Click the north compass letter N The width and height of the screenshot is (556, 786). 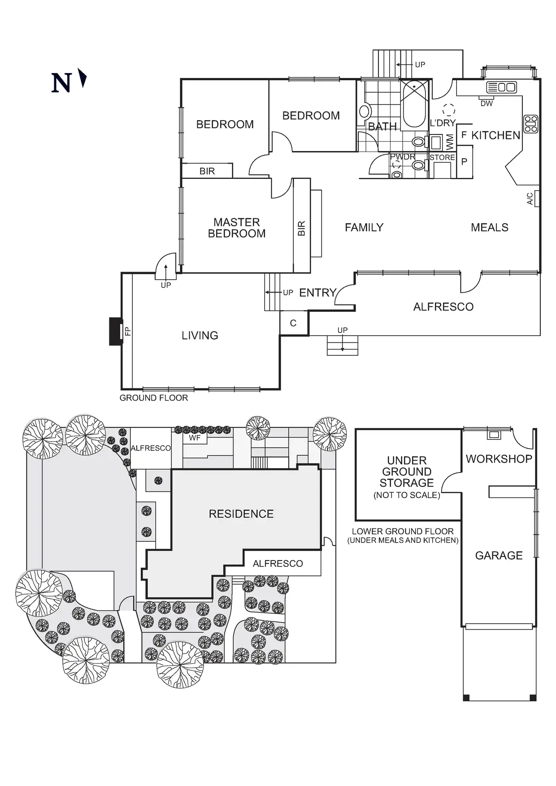(61, 83)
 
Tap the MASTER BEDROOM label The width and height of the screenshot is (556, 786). (237, 228)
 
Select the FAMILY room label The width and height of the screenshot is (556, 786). (364, 228)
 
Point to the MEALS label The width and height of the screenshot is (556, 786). (489, 228)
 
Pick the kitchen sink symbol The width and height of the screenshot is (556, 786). (502, 87)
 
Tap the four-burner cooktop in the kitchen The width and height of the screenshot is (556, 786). (531, 124)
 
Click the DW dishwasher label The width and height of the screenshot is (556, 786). (486, 104)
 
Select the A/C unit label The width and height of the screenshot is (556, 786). (530, 199)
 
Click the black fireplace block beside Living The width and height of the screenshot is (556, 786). (116, 331)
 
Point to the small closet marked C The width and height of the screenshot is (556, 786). (293, 324)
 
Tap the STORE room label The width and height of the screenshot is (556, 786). (442, 158)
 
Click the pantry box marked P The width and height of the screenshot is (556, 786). (464, 162)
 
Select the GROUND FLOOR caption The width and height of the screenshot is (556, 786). (153, 398)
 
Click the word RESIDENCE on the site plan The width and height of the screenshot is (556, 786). (241, 514)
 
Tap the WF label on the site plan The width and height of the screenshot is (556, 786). (195, 438)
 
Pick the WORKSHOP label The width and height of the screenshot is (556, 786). (499, 459)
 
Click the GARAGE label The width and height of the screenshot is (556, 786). (499, 556)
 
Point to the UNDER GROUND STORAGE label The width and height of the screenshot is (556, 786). (407, 472)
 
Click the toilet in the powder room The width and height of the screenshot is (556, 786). (418, 166)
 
